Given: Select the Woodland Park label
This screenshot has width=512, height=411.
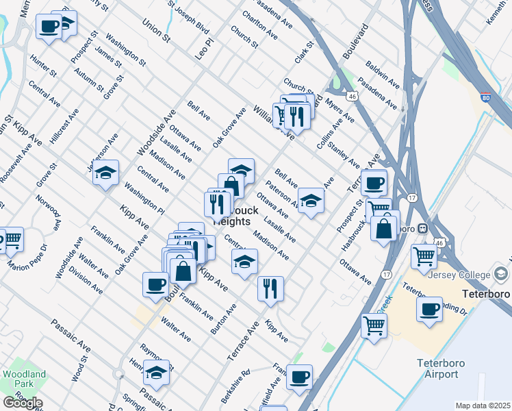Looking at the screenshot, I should (x=25, y=379).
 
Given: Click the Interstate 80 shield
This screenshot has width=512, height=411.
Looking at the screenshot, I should (x=485, y=98).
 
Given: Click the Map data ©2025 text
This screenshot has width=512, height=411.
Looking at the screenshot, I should (x=483, y=406).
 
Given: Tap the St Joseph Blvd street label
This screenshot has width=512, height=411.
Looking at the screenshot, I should (x=190, y=18).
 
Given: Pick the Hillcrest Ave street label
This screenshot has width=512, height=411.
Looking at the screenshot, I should (x=64, y=125).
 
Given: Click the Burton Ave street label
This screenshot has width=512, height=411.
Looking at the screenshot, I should (x=224, y=319).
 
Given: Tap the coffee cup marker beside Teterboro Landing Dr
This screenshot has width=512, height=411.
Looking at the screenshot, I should (x=429, y=309).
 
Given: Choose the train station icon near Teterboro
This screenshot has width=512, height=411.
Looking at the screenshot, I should (x=423, y=228).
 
